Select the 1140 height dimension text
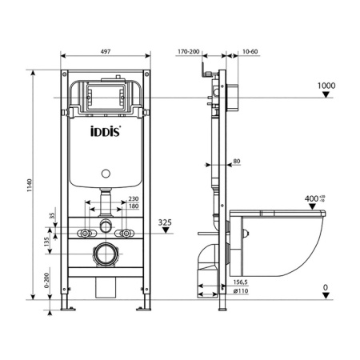click(30, 186)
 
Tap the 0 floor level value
click(326, 287)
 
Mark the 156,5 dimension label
click(238, 282)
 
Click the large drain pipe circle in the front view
click(106, 256)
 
